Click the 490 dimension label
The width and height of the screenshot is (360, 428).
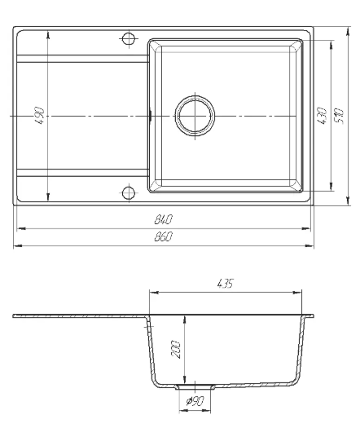[40, 116]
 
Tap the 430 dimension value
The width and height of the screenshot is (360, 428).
[323, 116]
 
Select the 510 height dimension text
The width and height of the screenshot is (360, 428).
[339, 117]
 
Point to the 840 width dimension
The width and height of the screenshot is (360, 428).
[164, 219]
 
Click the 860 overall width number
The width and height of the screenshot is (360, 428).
[164, 236]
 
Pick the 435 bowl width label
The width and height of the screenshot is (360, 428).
[226, 284]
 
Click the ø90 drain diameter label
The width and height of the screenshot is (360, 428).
[195, 401]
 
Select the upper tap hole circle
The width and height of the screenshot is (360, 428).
[128, 38]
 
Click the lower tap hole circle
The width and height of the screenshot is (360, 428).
[128, 192]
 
